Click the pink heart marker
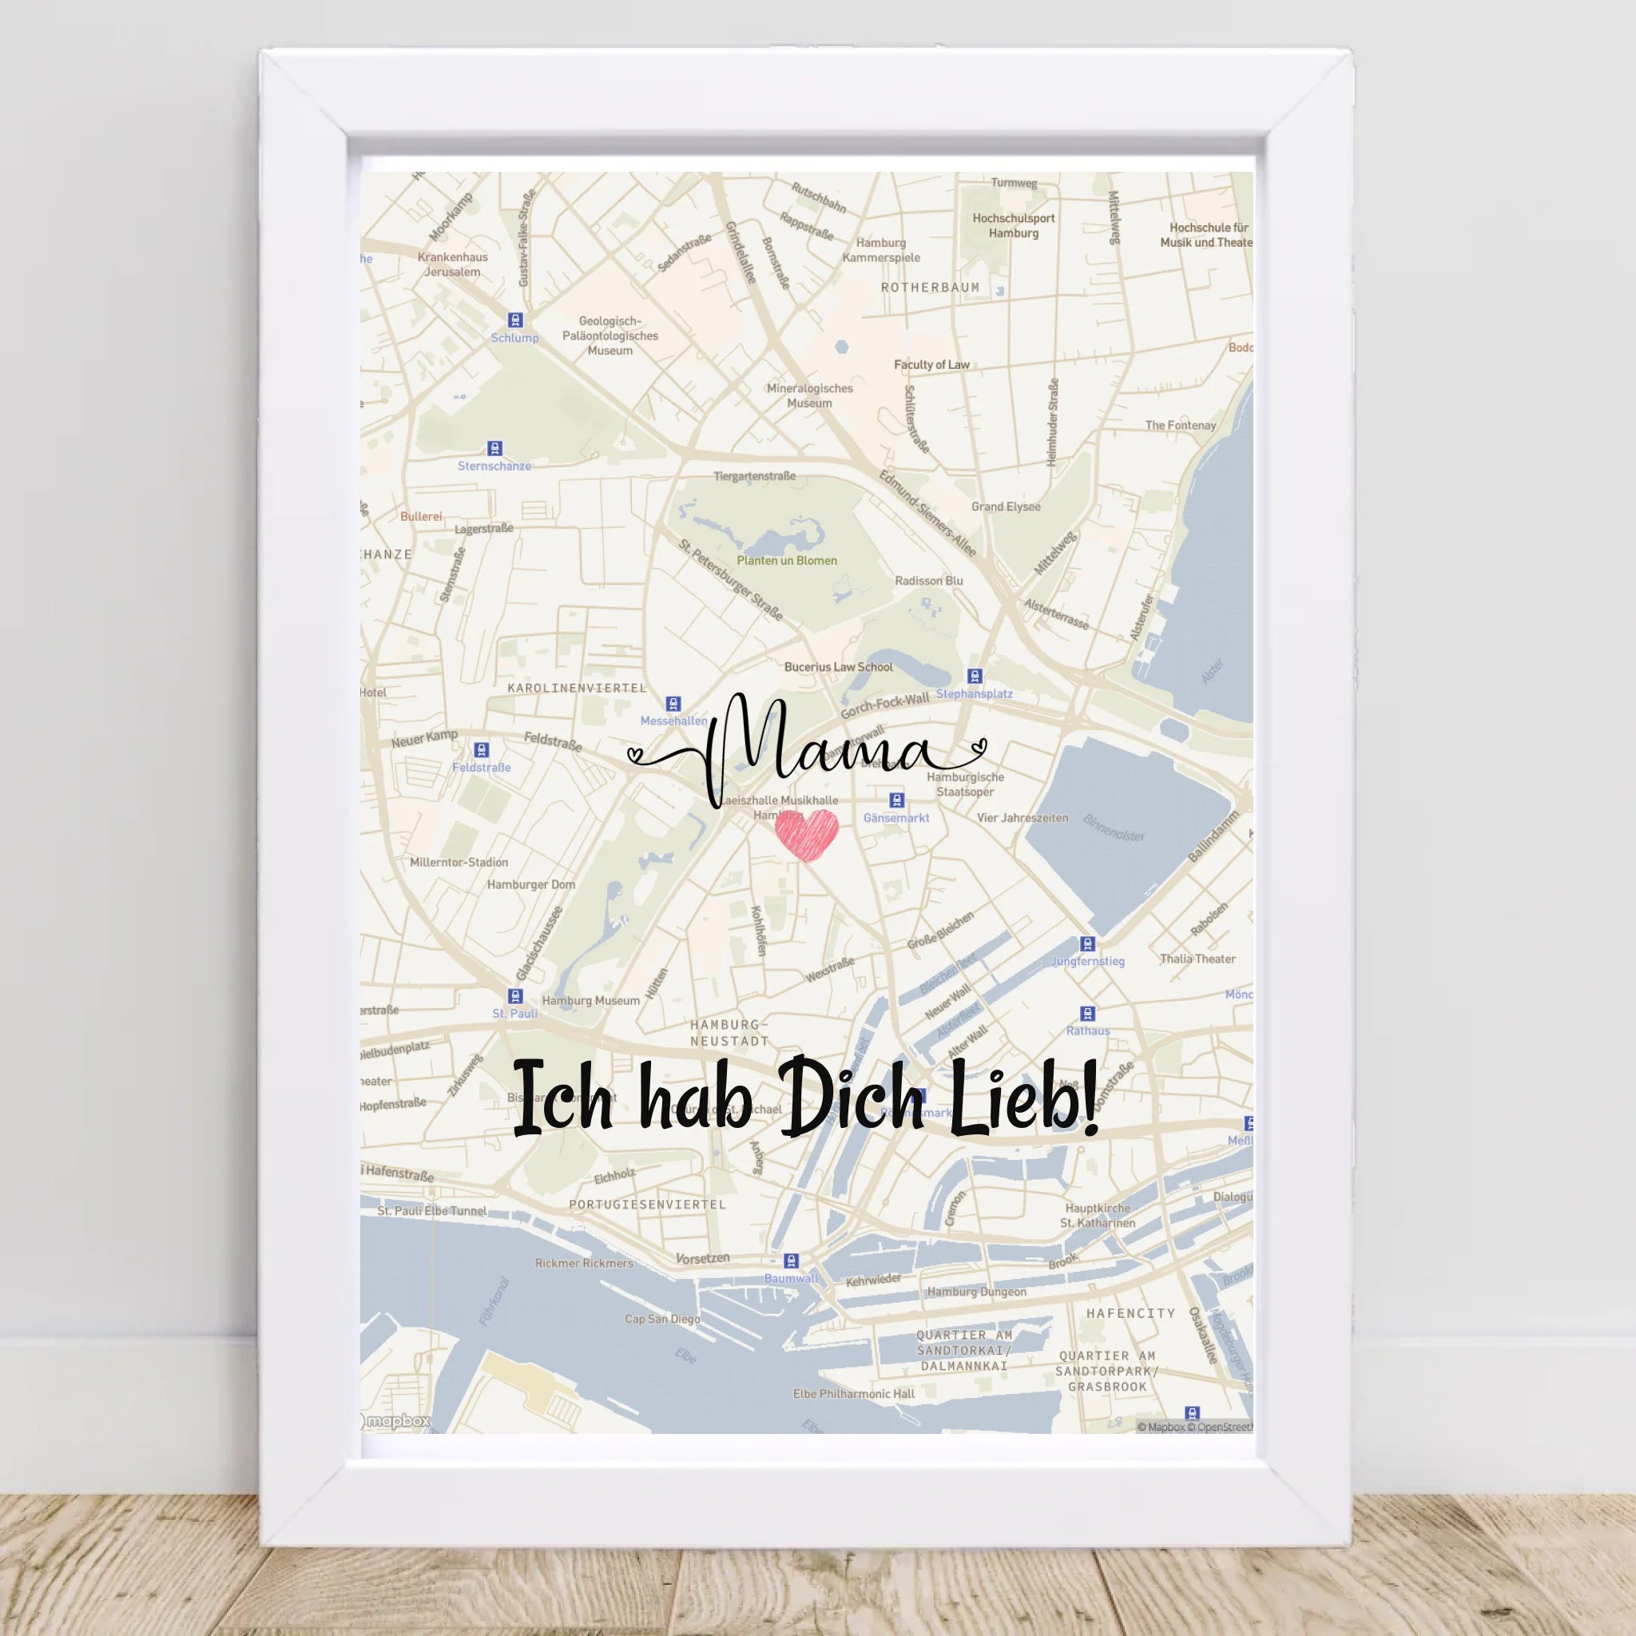click(806, 833)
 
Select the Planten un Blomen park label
click(786, 561)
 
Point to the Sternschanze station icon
click(494, 449)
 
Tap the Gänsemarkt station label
click(896, 818)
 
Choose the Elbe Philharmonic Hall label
click(854, 1394)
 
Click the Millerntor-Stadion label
click(459, 862)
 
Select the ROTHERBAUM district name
click(930, 288)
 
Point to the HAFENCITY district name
click(1130, 1313)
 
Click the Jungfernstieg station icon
click(1088, 944)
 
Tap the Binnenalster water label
click(1114, 833)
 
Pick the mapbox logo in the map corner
click(395, 1422)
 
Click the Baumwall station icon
click(791, 1261)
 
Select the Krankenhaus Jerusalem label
click(452, 264)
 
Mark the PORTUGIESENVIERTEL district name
click(647, 1204)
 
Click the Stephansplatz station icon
click(975, 676)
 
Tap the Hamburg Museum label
click(591, 1000)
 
